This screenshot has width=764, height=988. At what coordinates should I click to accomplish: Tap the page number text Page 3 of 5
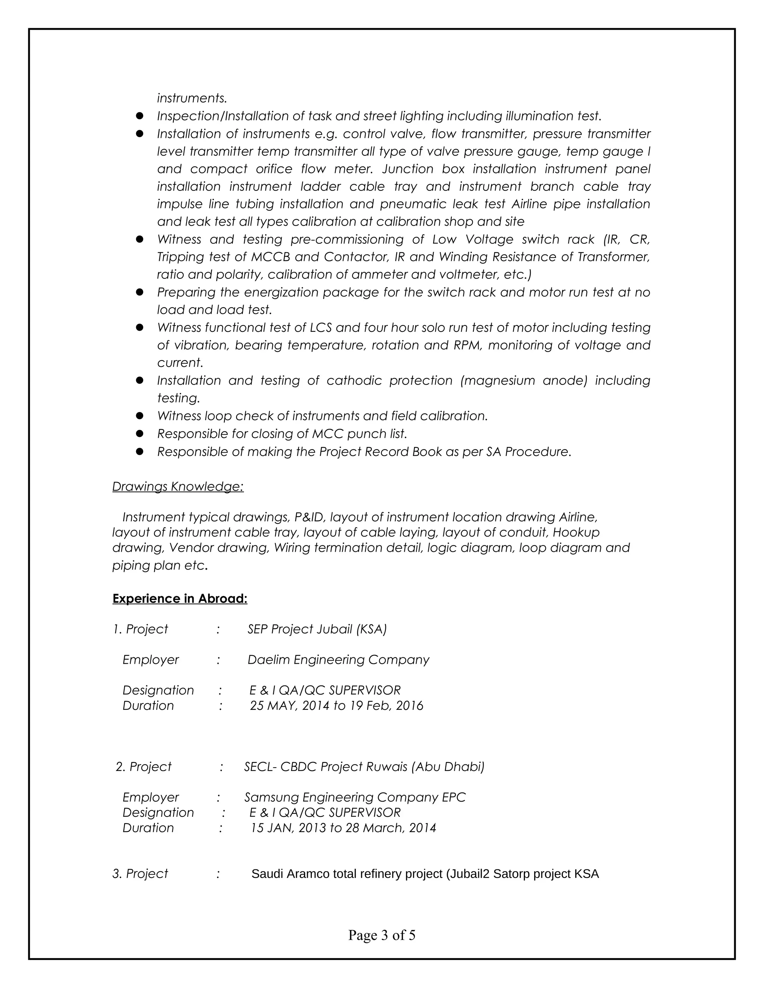click(382, 935)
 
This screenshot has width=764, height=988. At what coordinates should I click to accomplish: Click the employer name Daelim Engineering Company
click(338, 660)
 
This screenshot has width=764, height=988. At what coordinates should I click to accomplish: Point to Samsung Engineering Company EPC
click(355, 797)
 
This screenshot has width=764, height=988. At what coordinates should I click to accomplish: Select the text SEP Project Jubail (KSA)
click(317, 629)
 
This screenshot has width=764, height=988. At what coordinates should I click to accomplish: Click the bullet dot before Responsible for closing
click(140, 433)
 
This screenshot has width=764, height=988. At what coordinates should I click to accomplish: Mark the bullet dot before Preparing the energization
click(140, 292)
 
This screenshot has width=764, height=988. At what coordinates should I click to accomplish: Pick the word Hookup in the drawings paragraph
click(576, 532)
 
